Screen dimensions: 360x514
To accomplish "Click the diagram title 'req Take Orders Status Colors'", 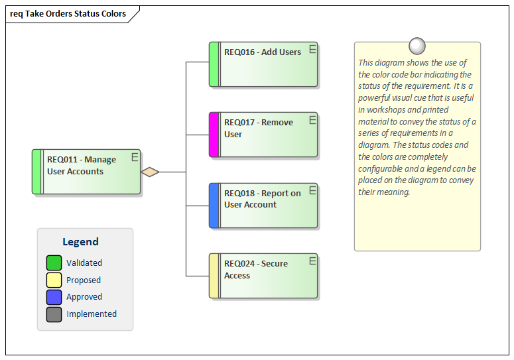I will pos(68,13).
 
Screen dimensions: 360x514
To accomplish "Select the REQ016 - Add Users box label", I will pos(262,52).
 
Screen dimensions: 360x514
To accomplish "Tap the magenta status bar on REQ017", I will pos(214,135).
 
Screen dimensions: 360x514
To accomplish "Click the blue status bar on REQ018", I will pos(214,206).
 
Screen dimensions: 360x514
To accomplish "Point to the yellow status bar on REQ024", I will pos(214,276).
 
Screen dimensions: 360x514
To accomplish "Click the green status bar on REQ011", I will pos(36,172).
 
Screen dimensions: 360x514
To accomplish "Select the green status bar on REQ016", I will pos(214,64).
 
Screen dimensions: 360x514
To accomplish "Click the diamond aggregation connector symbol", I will pos(151,172).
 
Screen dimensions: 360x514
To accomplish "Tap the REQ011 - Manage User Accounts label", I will pos(81,166).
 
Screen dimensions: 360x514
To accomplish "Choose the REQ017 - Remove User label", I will pos(258,129).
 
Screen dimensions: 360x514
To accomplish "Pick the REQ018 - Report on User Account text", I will pos(262,199).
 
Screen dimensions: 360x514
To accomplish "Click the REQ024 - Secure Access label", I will pos(255,269).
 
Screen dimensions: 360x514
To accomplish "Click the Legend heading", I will pos(80,242).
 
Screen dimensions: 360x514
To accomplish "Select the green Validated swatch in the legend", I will pos(54,263).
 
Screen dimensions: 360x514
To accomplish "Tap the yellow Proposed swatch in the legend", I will pos(54,280).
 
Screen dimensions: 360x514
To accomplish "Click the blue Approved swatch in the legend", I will pos(54,297).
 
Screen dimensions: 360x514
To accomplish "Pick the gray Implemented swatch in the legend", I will pos(54,314).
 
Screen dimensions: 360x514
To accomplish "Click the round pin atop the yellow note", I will pos(417,46).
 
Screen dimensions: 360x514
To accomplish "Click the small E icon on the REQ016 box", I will pos(312,49).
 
